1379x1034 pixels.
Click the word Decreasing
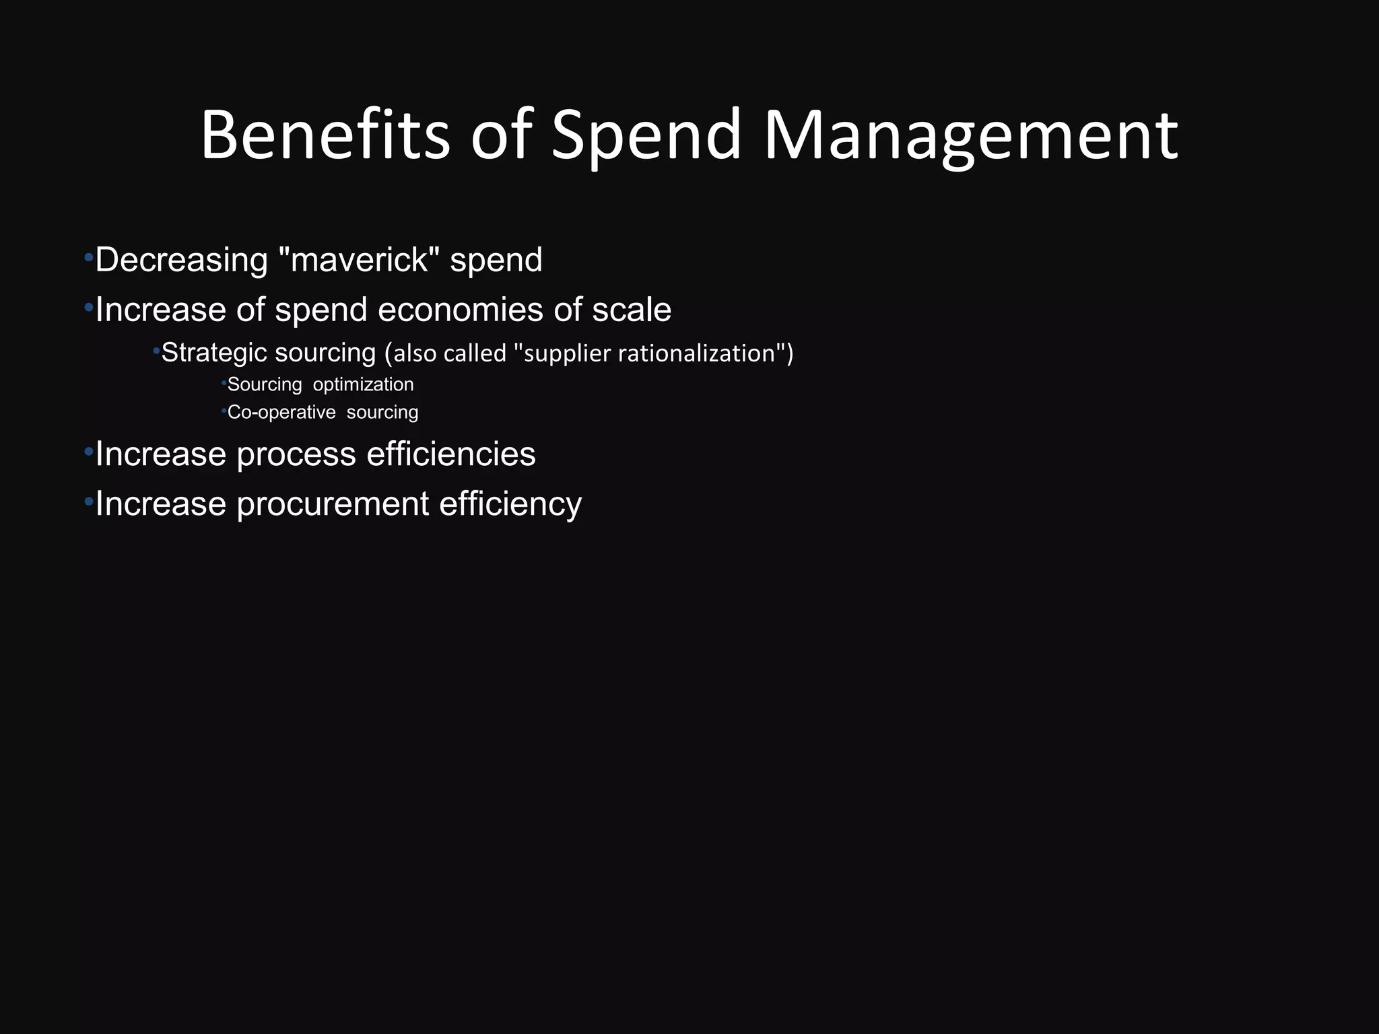(x=182, y=261)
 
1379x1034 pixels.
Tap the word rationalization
(x=697, y=353)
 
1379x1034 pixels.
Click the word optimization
(x=364, y=384)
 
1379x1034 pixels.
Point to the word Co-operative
(x=281, y=412)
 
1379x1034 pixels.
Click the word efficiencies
(x=451, y=454)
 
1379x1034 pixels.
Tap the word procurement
(x=333, y=505)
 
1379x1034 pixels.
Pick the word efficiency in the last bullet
(x=510, y=505)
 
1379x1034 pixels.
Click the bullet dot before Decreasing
(x=88, y=258)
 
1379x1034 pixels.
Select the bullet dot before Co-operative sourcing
(x=224, y=410)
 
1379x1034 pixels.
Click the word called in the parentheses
(x=475, y=353)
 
